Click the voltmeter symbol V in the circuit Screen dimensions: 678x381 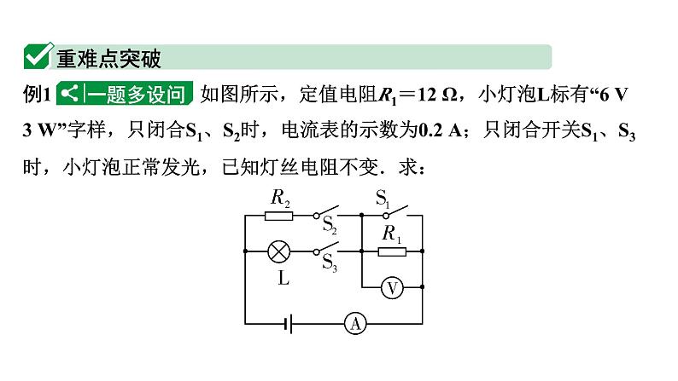tap(391, 288)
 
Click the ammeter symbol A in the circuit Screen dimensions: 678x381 tap(355, 323)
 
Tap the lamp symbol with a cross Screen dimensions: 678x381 tap(278, 251)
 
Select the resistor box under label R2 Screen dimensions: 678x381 tap(279, 216)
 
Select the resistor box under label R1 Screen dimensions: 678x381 tap(391, 251)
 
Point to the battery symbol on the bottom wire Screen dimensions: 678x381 tap(291, 323)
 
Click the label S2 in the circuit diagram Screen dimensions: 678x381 tap(330, 227)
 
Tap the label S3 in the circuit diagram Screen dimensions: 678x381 tap(330, 263)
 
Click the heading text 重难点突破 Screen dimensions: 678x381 tap(108, 58)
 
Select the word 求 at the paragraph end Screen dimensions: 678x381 tap(408, 168)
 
